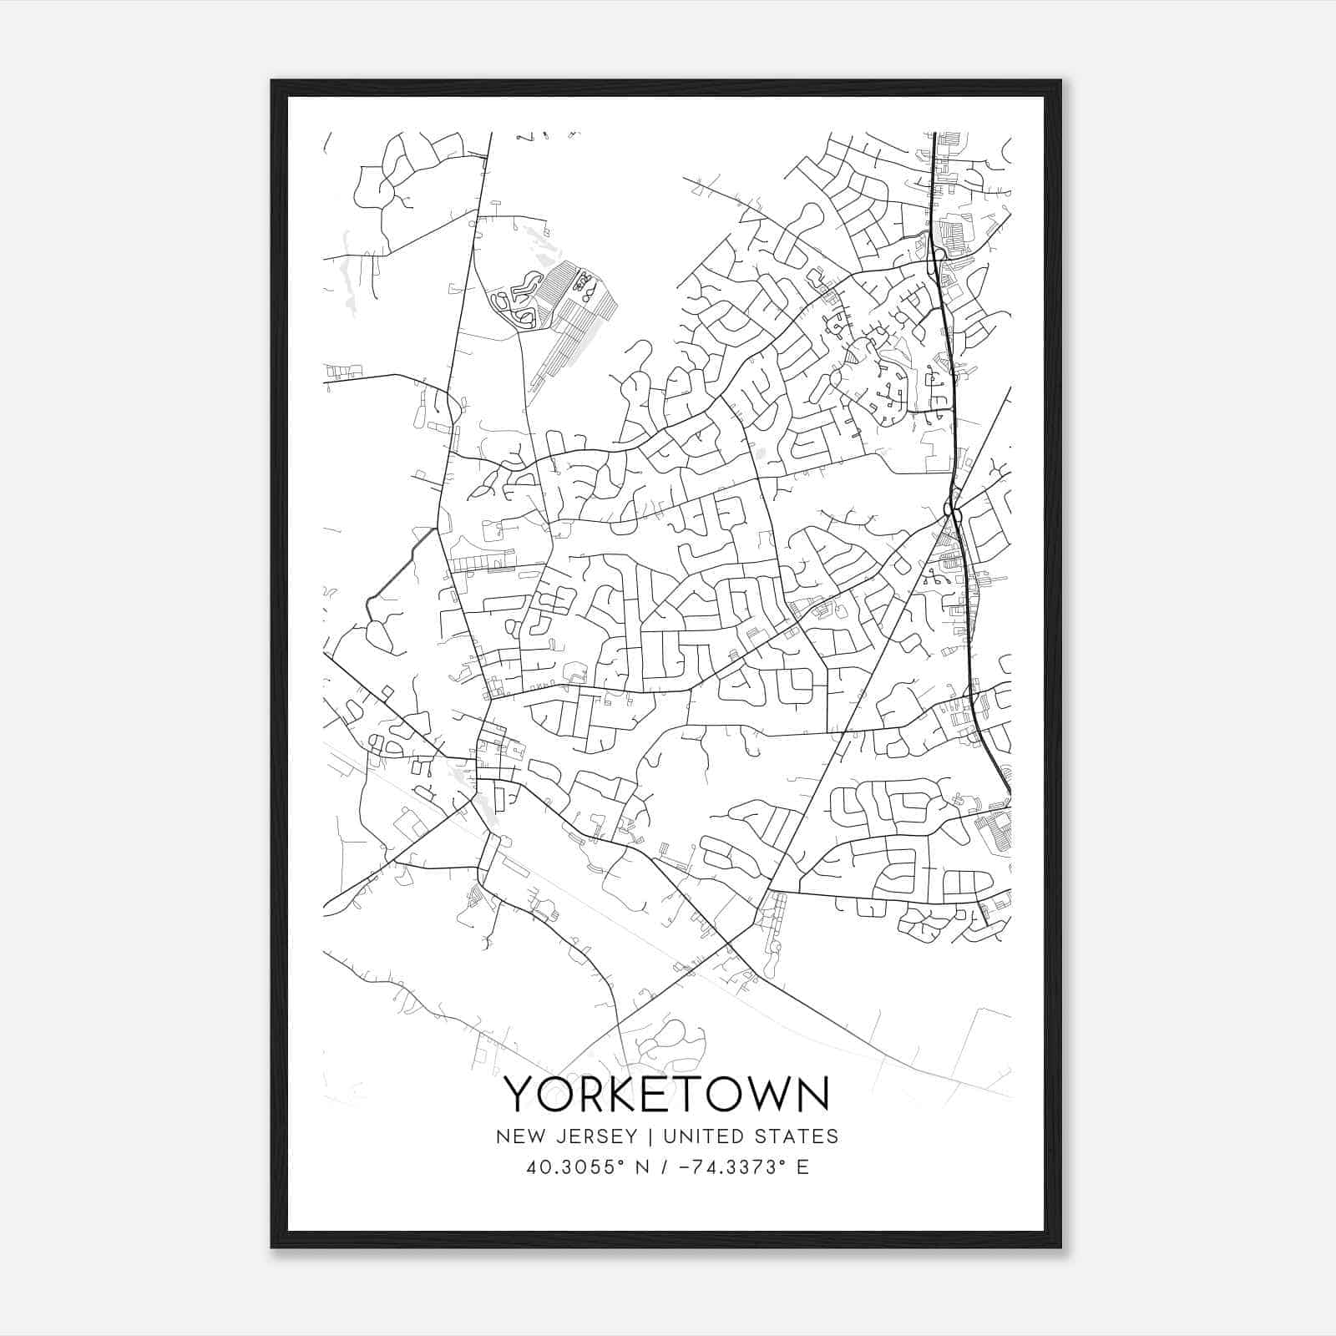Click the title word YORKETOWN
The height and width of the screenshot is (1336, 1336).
pyautogui.click(x=666, y=1094)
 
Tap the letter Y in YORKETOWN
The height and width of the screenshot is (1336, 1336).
pyautogui.click(x=519, y=1094)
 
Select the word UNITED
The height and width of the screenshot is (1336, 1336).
pyautogui.click(x=696, y=1136)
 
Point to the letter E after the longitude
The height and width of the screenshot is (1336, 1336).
pyautogui.click(x=802, y=1167)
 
